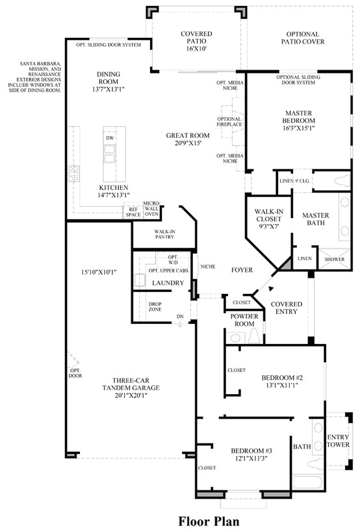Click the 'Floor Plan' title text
209,521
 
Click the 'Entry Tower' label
338,441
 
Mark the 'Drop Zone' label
154,307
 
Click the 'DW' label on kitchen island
109,139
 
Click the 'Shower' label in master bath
334,258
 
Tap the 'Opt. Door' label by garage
74,373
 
